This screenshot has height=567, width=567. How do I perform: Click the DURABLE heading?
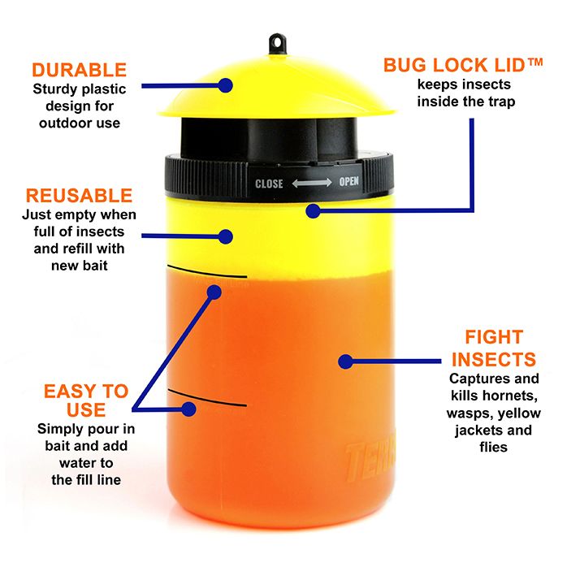pyautogui.click(x=79, y=70)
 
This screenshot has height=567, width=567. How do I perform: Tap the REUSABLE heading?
pyautogui.click(x=79, y=196)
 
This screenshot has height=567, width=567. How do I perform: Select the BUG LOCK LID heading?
pyautogui.click(x=455, y=65)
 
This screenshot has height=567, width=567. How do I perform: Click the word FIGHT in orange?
pyautogui.click(x=494, y=337)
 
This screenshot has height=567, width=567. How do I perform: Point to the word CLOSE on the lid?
pyautogui.click(x=269, y=184)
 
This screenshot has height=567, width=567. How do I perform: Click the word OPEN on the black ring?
pyautogui.click(x=349, y=181)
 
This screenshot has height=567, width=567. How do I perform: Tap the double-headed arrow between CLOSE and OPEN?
pyautogui.click(x=312, y=183)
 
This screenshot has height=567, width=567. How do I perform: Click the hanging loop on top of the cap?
pyautogui.click(x=277, y=45)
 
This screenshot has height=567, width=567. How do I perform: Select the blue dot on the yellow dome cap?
pyautogui.click(x=226, y=86)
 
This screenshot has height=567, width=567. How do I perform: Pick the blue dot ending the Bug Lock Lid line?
pyautogui.click(x=314, y=211)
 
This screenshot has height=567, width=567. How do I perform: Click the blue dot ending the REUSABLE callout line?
pyautogui.click(x=226, y=236)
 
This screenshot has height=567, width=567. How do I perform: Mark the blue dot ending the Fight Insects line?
pyautogui.click(x=346, y=361)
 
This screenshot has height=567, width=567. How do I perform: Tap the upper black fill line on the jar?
pyautogui.click(x=207, y=271)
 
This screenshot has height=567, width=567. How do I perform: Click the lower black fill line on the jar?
pyautogui.click(x=207, y=398)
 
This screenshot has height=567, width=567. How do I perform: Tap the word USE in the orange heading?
pyautogui.click(x=86, y=409)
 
